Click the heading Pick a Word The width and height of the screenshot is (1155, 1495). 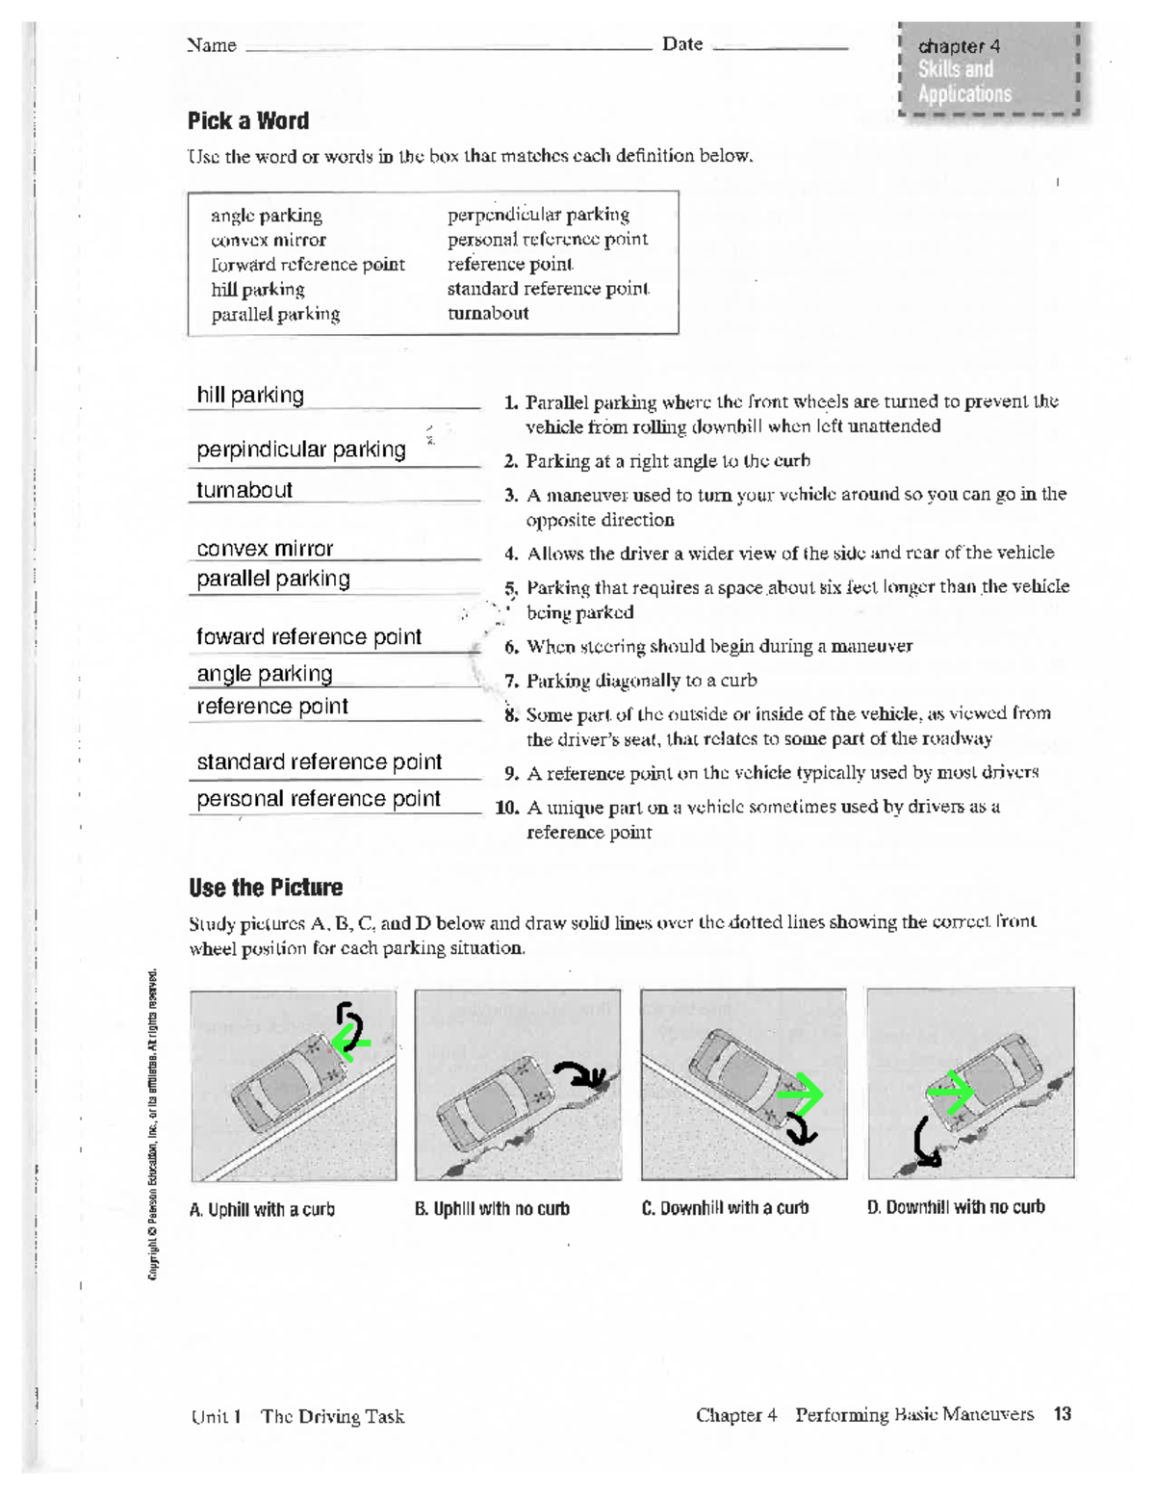tap(248, 121)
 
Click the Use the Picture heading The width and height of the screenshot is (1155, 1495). tap(266, 888)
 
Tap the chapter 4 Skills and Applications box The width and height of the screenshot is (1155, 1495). tap(988, 70)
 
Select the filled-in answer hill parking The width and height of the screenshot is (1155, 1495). tap(250, 395)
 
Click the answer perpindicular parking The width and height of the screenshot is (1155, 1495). tap(301, 450)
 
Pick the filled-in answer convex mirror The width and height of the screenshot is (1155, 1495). tap(265, 549)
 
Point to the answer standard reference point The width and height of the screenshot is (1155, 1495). tap(319, 762)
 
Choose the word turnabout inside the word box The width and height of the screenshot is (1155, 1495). tap(488, 313)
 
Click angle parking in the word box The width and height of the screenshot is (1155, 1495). tap(267, 216)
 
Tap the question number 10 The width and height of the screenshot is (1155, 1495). tap(507, 808)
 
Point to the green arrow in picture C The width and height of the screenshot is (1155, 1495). tap(801, 1095)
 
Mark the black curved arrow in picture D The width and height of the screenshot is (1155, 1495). tap(926, 1143)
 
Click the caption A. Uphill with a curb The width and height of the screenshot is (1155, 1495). tap(262, 1210)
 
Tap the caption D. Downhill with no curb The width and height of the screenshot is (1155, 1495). tap(956, 1207)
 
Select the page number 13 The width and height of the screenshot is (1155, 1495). tap(1062, 1414)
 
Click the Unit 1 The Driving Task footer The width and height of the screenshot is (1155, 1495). tap(297, 1416)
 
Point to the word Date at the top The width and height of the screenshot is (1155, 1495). tap(682, 44)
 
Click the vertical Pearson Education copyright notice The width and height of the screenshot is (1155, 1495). tap(153, 1126)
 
